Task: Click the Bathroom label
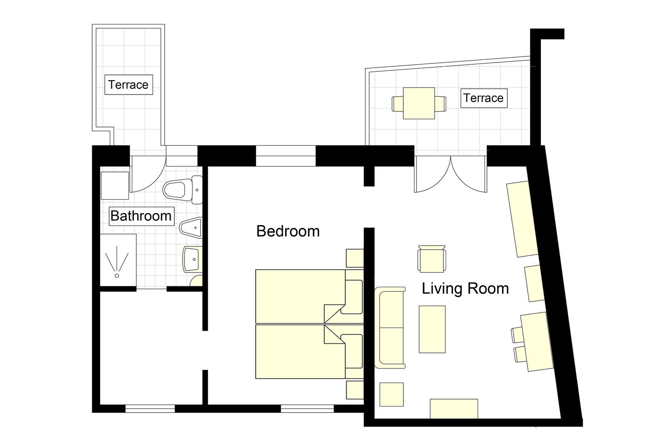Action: [141, 216]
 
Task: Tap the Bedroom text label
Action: [288, 231]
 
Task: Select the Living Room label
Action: [465, 289]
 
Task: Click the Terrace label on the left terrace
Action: [129, 85]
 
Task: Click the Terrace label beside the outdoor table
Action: [483, 98]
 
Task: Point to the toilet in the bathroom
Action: [182, 189]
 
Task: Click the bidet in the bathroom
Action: [191, 227]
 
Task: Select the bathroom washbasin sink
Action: [192, 259]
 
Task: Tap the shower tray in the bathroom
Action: [118, 260]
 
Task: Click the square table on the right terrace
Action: [419, 103]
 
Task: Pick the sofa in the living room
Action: [390, 327]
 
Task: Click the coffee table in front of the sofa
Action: [432, 329]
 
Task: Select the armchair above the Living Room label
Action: [431, 259]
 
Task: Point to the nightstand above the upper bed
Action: [354, 258]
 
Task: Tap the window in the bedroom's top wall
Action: [285, 156]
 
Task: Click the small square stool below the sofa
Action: [391, 394]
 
